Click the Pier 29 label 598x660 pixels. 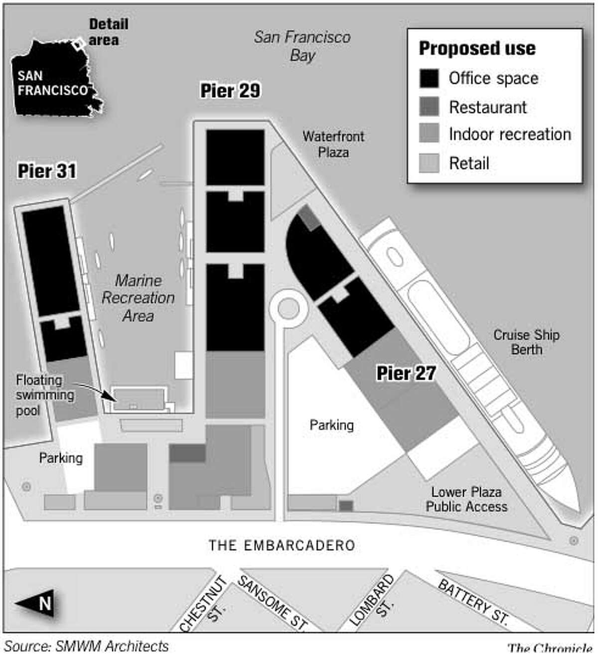click(230, 91)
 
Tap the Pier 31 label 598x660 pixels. click(47, 171)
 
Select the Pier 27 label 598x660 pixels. click(406, 373)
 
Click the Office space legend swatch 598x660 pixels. click(429, 79)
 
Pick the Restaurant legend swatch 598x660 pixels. click(429, 107)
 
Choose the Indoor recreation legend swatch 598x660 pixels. click(429, 134)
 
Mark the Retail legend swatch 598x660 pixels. click(429, 163)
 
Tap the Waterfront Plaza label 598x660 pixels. click(333, 144)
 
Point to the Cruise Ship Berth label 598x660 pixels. click(526, 342)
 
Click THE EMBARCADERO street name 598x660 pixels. click(282, 545)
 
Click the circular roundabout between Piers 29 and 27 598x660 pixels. click(288, 309)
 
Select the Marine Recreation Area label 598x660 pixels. click(138, 298)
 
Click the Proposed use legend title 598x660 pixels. click(477, 48)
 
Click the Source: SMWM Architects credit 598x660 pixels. click(86, 646)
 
